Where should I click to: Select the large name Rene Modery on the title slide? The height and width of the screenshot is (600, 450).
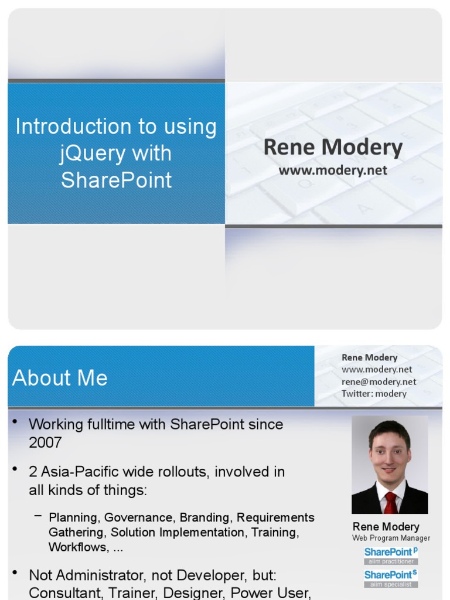333,148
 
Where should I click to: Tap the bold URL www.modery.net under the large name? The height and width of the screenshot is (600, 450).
333,171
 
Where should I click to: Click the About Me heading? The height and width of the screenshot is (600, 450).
60,378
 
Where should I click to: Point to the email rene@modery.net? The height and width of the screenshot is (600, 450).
379,381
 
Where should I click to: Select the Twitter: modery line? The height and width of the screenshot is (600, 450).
374,394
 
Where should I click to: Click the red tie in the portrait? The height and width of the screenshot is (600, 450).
390,503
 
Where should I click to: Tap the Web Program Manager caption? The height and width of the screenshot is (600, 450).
391,538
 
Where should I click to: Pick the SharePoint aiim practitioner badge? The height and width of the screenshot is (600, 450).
391,555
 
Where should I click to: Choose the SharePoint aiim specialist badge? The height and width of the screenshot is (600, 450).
391,578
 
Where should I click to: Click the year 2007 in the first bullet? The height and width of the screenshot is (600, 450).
45,442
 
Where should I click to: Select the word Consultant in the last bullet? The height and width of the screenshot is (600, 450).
64,592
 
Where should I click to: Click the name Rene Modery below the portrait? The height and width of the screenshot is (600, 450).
386,526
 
